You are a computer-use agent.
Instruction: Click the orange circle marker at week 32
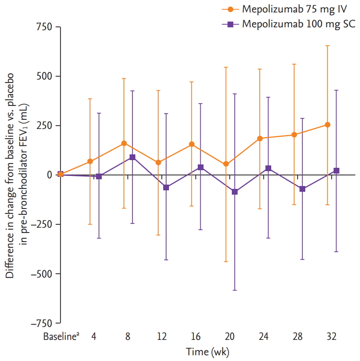(328, 125)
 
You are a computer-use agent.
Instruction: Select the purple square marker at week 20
(235, 192)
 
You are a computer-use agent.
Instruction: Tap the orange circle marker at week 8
(124, 143)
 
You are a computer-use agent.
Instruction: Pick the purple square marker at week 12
(166, 187)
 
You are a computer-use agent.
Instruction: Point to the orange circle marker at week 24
(260, 139)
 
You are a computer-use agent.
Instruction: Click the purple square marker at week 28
(302, 189)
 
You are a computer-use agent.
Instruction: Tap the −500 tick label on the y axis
(41, 274)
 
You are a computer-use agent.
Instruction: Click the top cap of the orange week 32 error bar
(328, 46)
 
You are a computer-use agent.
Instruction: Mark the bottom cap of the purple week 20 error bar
(235, 290)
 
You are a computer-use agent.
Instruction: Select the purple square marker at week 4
(99, 176)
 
